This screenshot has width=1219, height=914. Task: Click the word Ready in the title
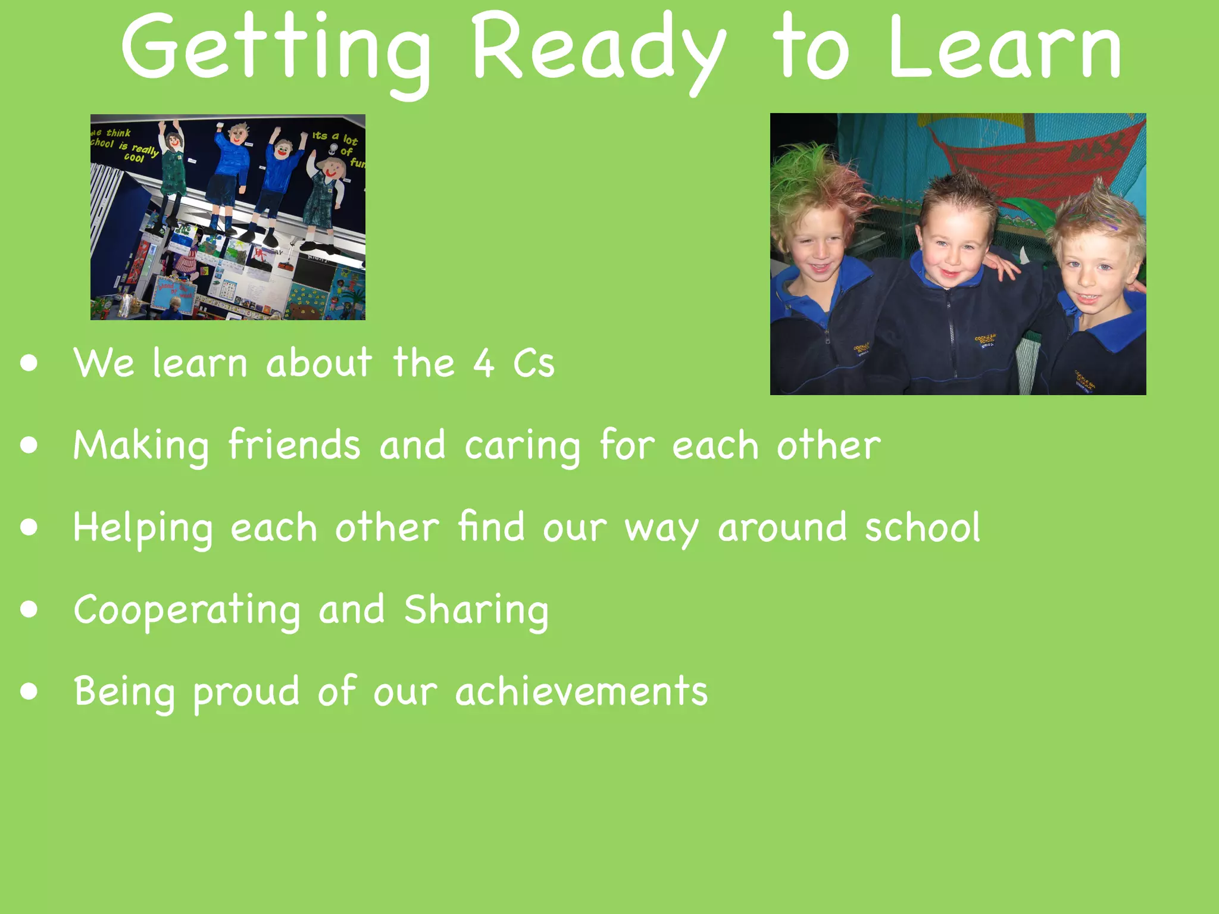pyautogui.click(x=598, y=51)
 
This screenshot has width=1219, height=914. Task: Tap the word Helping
pyautogui.click(x=142, y=528)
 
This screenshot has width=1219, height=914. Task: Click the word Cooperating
pyautogui.click(x=187, y=611)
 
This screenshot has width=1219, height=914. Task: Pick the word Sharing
pyautogui.click(x=476, y=611)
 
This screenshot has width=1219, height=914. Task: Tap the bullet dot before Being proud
pyautogui.click(x=29, y=691)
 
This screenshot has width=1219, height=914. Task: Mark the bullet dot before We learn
pyautogui.click(x=29, y=363)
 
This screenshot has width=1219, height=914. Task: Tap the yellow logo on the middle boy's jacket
pyautogui.click(x=985, y=341)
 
